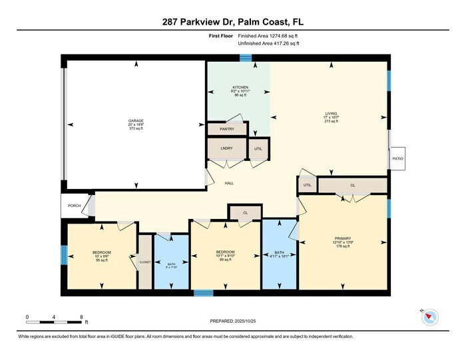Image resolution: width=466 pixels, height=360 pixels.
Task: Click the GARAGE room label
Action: coord(136,120)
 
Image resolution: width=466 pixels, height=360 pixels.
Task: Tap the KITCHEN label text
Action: coord(240,87)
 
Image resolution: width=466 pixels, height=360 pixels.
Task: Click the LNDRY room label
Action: coord(226,148)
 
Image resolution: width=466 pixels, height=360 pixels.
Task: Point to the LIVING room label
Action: coord(331,113)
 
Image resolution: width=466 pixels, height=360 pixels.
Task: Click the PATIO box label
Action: coord(397,158)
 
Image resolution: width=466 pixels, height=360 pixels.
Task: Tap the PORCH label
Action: coord(74,206)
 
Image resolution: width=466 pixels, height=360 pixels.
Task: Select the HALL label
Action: coord(228,183)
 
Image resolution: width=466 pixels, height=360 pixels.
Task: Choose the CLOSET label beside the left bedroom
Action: coord(145,262)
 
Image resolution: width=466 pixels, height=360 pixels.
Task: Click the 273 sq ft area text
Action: coord(331,121)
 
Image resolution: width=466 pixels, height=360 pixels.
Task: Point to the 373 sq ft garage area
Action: coord(136,128)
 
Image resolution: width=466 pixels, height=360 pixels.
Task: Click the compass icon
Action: coord(429,318)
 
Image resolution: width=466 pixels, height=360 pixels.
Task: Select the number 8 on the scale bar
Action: coord(81,317)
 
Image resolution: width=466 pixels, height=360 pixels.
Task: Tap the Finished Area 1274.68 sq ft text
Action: coord(268,35)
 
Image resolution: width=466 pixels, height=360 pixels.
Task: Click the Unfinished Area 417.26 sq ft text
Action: coord(268,43)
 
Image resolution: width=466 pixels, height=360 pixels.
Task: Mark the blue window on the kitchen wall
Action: coord(246,59)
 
